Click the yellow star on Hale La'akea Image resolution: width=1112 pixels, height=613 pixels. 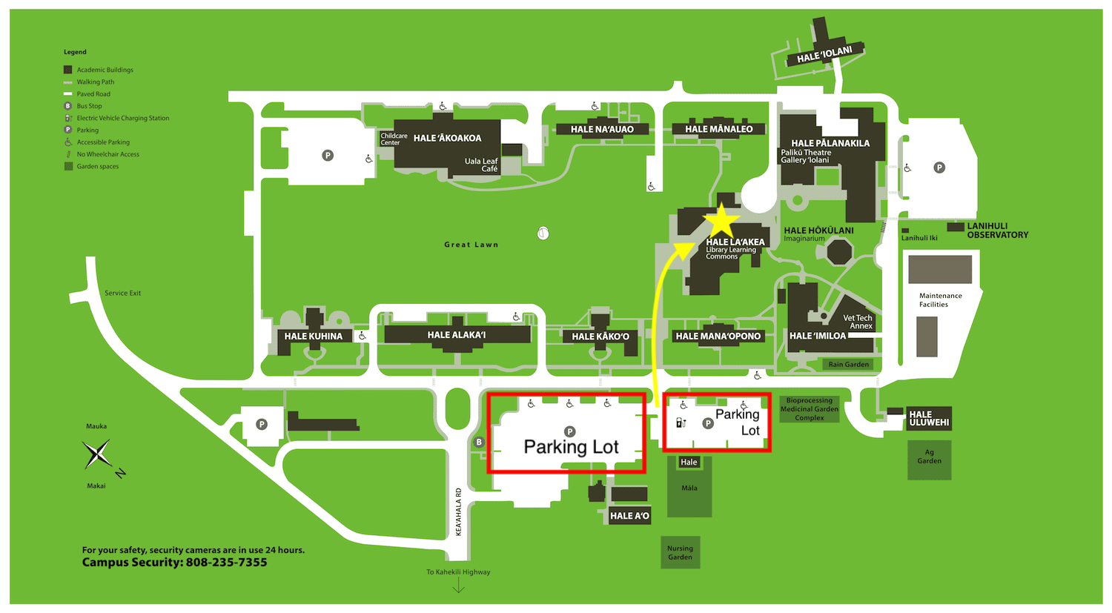tap(721, 222)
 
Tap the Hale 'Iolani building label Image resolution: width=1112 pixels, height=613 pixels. tap(824, 55)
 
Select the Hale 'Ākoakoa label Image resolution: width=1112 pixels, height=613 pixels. tap(447, 138)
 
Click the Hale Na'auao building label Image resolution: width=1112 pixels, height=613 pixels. tap(602, 129)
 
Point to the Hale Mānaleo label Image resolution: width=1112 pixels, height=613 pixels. tap(718, 129)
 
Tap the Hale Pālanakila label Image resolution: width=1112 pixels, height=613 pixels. tap(830, 143)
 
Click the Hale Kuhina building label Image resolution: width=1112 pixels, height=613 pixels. tap(314, 336)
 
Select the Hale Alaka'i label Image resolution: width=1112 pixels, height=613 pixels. tap(457, 335)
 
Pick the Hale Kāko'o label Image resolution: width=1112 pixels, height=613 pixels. tap(600, 337)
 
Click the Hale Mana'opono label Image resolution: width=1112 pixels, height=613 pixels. tap(718, 336)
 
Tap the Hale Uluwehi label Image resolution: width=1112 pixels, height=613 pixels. tap(929, 419)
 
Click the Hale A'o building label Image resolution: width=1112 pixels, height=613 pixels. tap(629, 516)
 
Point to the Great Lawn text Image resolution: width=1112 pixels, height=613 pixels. tap(471, 245)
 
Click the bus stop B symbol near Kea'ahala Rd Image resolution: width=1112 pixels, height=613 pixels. tap(479, 443)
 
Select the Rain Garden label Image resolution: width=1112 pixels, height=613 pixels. tap(848, 365)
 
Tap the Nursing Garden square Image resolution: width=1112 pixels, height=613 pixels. tap(680, 553)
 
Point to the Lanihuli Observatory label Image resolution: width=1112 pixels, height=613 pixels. tap(997, 231)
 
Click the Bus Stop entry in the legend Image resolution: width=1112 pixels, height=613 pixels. tap(89, 106)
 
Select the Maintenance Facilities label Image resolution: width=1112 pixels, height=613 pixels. tap(940, 300)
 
